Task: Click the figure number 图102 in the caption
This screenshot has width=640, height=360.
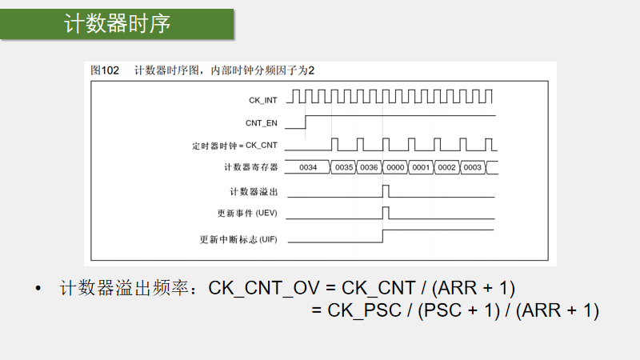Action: tap(105, 70)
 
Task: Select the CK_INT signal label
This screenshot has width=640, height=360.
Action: tap(263, 100)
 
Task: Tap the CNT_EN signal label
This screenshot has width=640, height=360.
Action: tap(262, 122)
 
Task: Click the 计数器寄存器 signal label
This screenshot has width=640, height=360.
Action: tap(251, 167)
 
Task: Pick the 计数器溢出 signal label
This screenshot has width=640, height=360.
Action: tap(254, 192)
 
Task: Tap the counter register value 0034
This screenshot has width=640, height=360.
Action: tap(308, 168)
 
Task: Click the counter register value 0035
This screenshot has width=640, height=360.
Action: tap(344, 168)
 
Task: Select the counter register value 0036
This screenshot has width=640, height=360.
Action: tap(369, 168)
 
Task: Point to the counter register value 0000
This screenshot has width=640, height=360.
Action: tap(394, 168)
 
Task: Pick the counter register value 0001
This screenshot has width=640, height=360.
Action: tap(421, 168)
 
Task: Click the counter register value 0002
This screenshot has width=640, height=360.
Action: tap(446, 168)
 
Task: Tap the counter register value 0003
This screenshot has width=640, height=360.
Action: tap(472, 168)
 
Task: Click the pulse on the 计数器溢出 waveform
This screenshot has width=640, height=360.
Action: tap(386, 191)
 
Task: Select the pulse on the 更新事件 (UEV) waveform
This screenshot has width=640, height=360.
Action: tap(386, 213)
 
